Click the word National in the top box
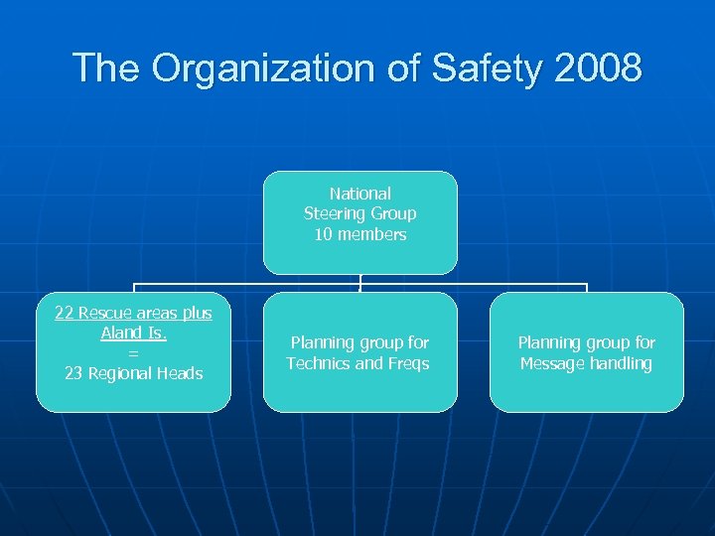coord(359,194)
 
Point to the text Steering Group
coord(359,213)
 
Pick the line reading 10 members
coord(359,234)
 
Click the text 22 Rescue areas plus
coord(133,313)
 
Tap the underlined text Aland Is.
coord(133,333)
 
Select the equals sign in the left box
coord(133,353)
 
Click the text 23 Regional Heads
coord(133,373)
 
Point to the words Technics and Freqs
coord(357,363)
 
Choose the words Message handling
coord(586,363)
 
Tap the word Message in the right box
coord(552,363)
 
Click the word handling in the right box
coord(620,363)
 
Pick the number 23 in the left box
coord(73,373)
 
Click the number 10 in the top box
coord(322,234)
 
